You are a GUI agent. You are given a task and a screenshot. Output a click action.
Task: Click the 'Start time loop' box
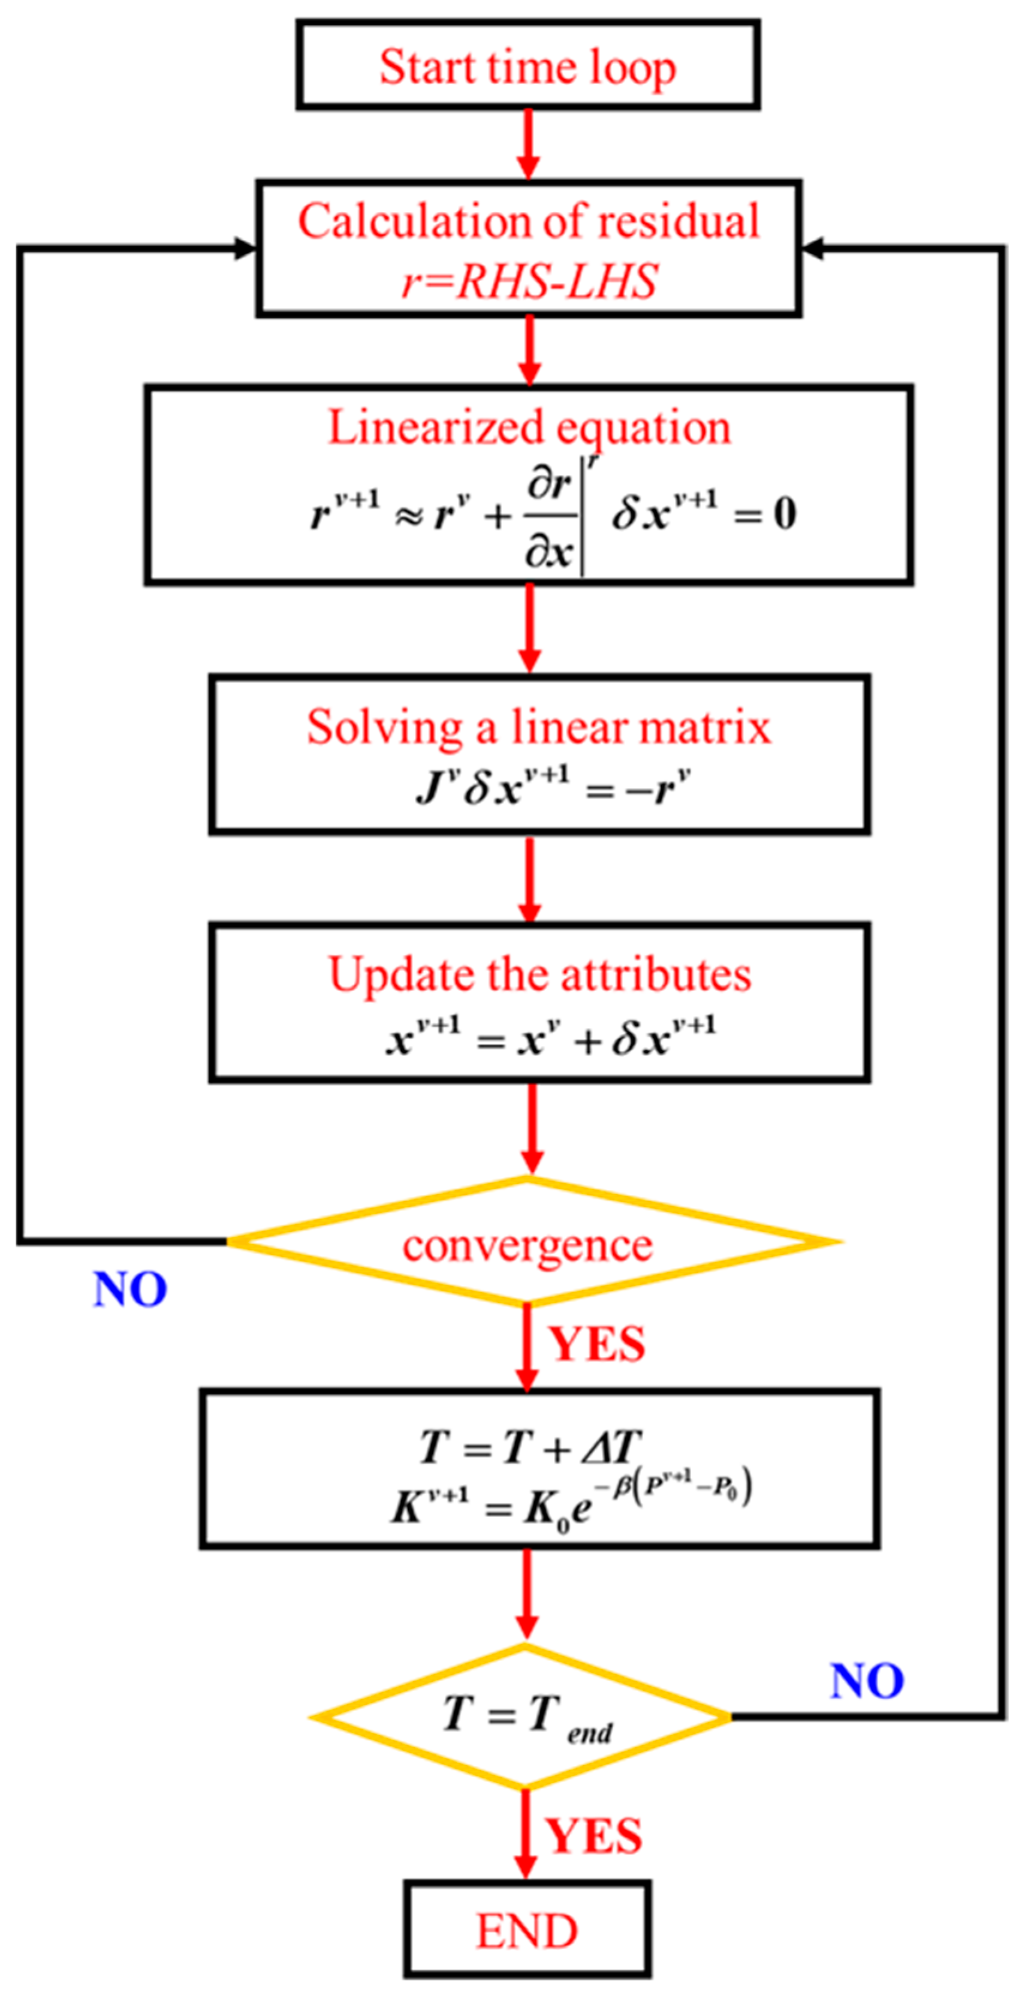tap(527, 65)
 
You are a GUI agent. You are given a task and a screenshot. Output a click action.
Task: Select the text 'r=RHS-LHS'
tap(529, 281)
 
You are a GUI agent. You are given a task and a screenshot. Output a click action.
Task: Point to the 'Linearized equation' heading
tap(529, 427)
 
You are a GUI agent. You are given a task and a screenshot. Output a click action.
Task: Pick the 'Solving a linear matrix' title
tap(538, 727)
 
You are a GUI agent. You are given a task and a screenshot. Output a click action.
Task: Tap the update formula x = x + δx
tap(550, 1037)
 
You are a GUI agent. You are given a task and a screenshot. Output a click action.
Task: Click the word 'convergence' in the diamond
tap(527, 1245)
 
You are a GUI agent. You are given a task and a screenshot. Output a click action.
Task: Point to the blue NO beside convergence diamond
tap(129, 1290)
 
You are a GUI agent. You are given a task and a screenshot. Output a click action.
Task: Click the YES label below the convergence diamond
tap(596, 1344)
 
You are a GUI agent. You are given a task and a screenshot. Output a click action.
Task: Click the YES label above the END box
tap(593, 1836)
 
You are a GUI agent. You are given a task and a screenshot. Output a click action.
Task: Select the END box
tap(527, 1930)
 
